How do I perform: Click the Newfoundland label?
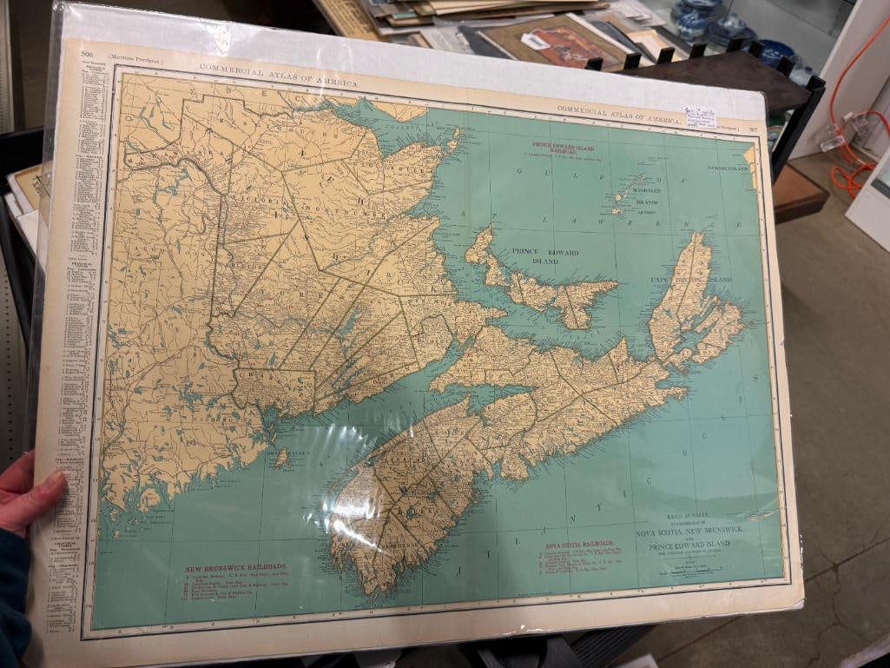pos(727,168)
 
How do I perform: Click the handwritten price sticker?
pos(700,116)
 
